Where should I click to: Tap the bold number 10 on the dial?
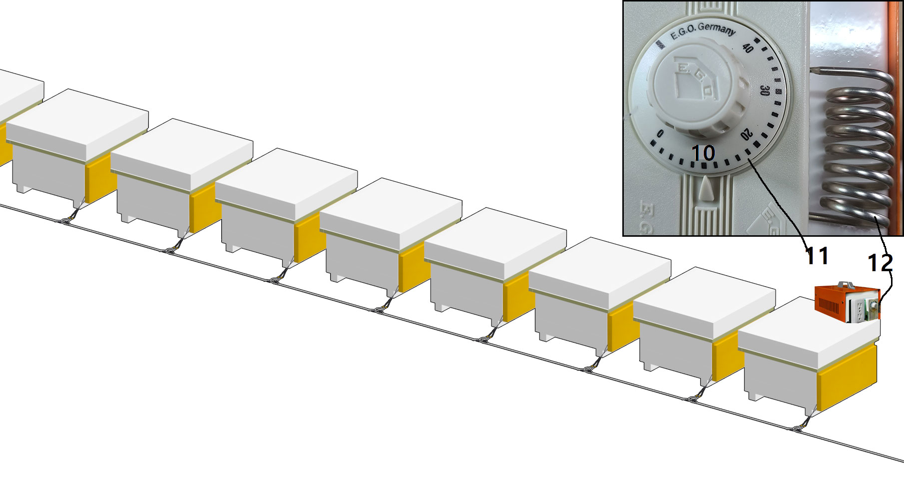click(x=703, y=153)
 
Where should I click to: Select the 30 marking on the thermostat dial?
click(x=764, y=90)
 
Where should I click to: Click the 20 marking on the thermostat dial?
click(x=746, y=134)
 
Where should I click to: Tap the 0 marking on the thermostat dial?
click(x=660, y=133)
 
